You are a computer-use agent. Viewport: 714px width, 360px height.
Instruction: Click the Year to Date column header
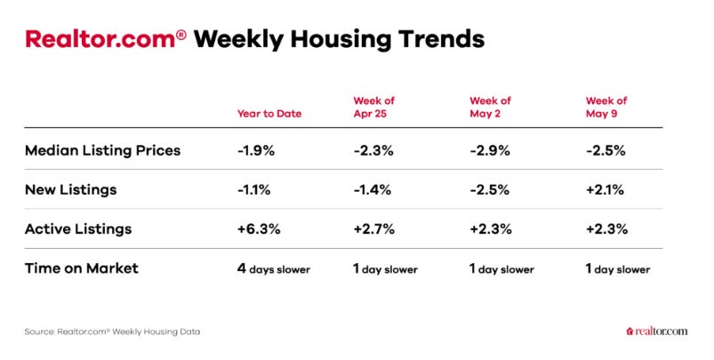tap(269, 113)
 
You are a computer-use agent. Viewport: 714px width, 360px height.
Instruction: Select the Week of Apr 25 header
tap(373, 107)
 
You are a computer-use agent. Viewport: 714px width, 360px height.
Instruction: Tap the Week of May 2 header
tap(491, 107)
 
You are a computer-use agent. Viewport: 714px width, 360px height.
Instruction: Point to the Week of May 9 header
tap(606, 107)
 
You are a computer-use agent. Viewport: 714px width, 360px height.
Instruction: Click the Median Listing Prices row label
tap(103, 150)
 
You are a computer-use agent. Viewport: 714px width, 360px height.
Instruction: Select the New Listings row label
tap(70, 190)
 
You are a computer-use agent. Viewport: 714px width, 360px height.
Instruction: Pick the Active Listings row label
tap(78, 229)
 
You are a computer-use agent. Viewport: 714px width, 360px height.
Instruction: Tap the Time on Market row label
tap(82, 268)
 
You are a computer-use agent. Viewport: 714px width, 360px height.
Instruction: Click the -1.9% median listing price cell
tap(256, 150)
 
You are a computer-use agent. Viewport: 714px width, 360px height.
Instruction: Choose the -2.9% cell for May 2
tap(490, 150)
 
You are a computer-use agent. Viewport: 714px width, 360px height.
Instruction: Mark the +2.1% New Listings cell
tap(605, 190)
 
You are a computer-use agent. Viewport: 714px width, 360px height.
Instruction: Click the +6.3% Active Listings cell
tap(259, 229)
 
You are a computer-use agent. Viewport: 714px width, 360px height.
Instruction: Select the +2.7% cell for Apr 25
tap(373, 229)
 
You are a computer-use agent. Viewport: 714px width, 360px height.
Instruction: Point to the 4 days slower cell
tap(274, 268)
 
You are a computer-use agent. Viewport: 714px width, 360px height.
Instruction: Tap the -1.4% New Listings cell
tap(372, 190)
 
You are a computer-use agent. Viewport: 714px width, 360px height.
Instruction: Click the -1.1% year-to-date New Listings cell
tap(253, 190)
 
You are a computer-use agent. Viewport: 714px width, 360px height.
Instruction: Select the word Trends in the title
tap(442, 39)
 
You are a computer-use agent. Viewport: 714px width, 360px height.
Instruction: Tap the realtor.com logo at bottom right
tap(656, 332)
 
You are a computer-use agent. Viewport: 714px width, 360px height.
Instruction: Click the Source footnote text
tap(112, 332)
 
